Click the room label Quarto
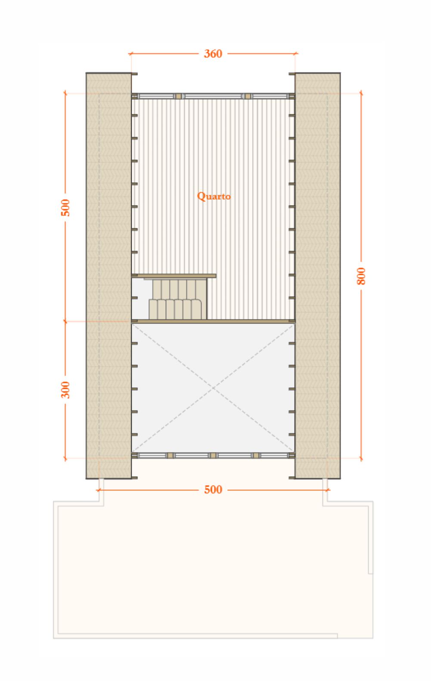coord(214,196)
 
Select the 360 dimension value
coord(213,54)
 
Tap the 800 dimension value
coord(361,276)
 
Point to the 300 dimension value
coord(65,390)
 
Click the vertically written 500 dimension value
coord(65,208)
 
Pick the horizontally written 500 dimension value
coord(213,490)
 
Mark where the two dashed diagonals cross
coord(213,388)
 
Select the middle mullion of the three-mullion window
coord(213,455)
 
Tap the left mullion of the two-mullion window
coord(178,96)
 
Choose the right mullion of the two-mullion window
coord(248,96)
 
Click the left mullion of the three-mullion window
coord(170,455)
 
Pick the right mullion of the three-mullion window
coord(256,455)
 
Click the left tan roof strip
coord(109,276)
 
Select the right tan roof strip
coord(317,276)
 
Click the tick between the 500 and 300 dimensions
coord(65,321)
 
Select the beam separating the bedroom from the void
coord(213,321)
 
